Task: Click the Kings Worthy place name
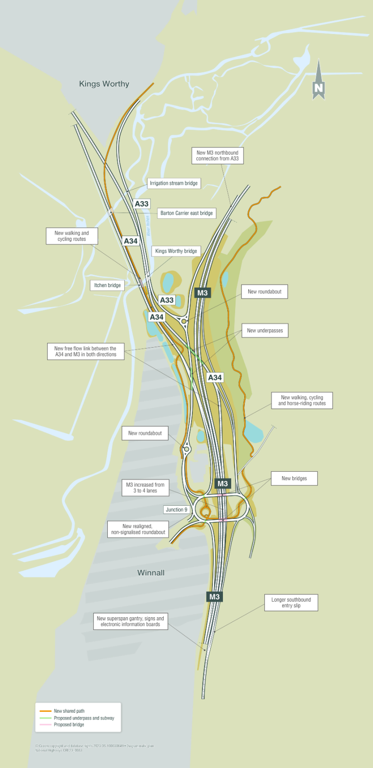(x=104, y=84)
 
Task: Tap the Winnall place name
(x=151, y=573)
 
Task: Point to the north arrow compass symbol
(x=318, y=81)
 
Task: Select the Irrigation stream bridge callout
(x=173, y=183)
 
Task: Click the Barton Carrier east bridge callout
(x=186, y=213)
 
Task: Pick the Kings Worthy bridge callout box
(x=176, y=251)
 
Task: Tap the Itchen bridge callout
(x=107, y=285)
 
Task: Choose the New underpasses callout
(x=265, y=331)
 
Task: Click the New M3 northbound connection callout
(x=217, y=156)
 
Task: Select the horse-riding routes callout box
(x=302, y=400)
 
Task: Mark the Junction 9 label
(x=176, y=510)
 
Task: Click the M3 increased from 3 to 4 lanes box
(x=145, y=488)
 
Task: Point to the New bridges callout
(x=294, y=479)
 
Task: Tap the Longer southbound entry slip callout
(x=291, y=603)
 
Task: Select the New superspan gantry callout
(x=130, y=622)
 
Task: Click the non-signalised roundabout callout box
(x=138, y=529)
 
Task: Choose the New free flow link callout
(x=85, y=352)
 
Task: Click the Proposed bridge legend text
(x=69, y=724)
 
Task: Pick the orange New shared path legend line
(x=46, y=711)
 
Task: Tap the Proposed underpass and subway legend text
(x=84, y=718)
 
